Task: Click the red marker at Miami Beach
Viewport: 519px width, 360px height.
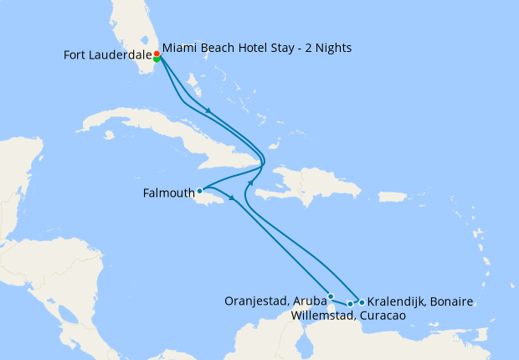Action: (157, 54)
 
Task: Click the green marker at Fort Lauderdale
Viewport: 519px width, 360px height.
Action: (157, 59)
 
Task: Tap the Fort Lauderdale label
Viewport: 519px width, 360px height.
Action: (107, 55)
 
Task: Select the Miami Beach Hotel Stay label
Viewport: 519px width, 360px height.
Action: (256, 48)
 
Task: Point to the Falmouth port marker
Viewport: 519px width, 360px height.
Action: (199, 191)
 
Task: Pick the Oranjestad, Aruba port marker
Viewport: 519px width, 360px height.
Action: (331, 296)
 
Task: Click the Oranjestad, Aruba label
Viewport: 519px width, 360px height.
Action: (276, 301)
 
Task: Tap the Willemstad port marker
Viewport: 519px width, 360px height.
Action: (350, 304)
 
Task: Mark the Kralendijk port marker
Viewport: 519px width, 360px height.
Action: (362, 301)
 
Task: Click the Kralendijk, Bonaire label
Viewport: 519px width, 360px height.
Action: (421, 301)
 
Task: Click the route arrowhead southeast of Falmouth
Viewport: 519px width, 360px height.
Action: (231, 199)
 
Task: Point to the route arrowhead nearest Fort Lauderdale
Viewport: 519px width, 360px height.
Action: (207, 111)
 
